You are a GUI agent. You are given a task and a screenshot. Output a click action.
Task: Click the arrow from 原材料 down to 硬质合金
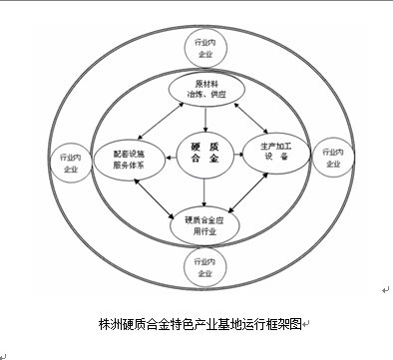(205, 119)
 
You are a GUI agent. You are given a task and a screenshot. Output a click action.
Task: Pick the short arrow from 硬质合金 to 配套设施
(172, 158)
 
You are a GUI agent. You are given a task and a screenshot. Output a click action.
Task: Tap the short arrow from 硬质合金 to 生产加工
(238, 155)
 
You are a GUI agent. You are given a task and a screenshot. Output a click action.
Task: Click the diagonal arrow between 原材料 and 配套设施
(161, 121)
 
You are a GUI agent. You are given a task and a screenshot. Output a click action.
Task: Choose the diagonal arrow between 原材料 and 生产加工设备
(251, 118)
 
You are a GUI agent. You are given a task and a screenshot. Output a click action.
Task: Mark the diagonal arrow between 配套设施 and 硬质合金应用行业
(154, 198)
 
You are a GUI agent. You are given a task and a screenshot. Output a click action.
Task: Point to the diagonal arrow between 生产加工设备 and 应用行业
(248, 191)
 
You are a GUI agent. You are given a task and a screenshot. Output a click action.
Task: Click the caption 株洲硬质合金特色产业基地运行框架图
(199, 324)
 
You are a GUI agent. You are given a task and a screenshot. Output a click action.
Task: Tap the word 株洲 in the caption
(110, 324)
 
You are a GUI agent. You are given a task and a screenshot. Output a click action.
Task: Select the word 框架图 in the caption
(283, 324)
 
